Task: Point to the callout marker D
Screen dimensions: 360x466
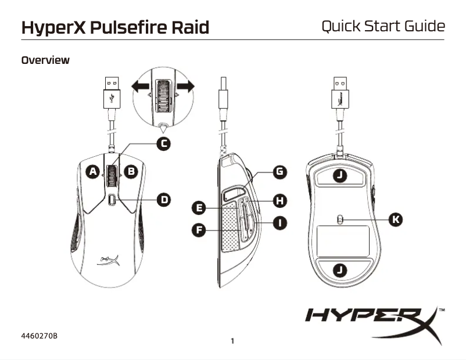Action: tap(164, 200)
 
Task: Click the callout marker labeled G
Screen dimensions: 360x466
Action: tap(280, 171)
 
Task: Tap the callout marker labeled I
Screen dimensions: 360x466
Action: tap(280, 222)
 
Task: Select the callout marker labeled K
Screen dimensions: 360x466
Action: tap(396, 219)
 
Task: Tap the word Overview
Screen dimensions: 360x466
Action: tap(45, 60)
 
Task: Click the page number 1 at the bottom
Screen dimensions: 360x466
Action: tap(232, 341)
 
